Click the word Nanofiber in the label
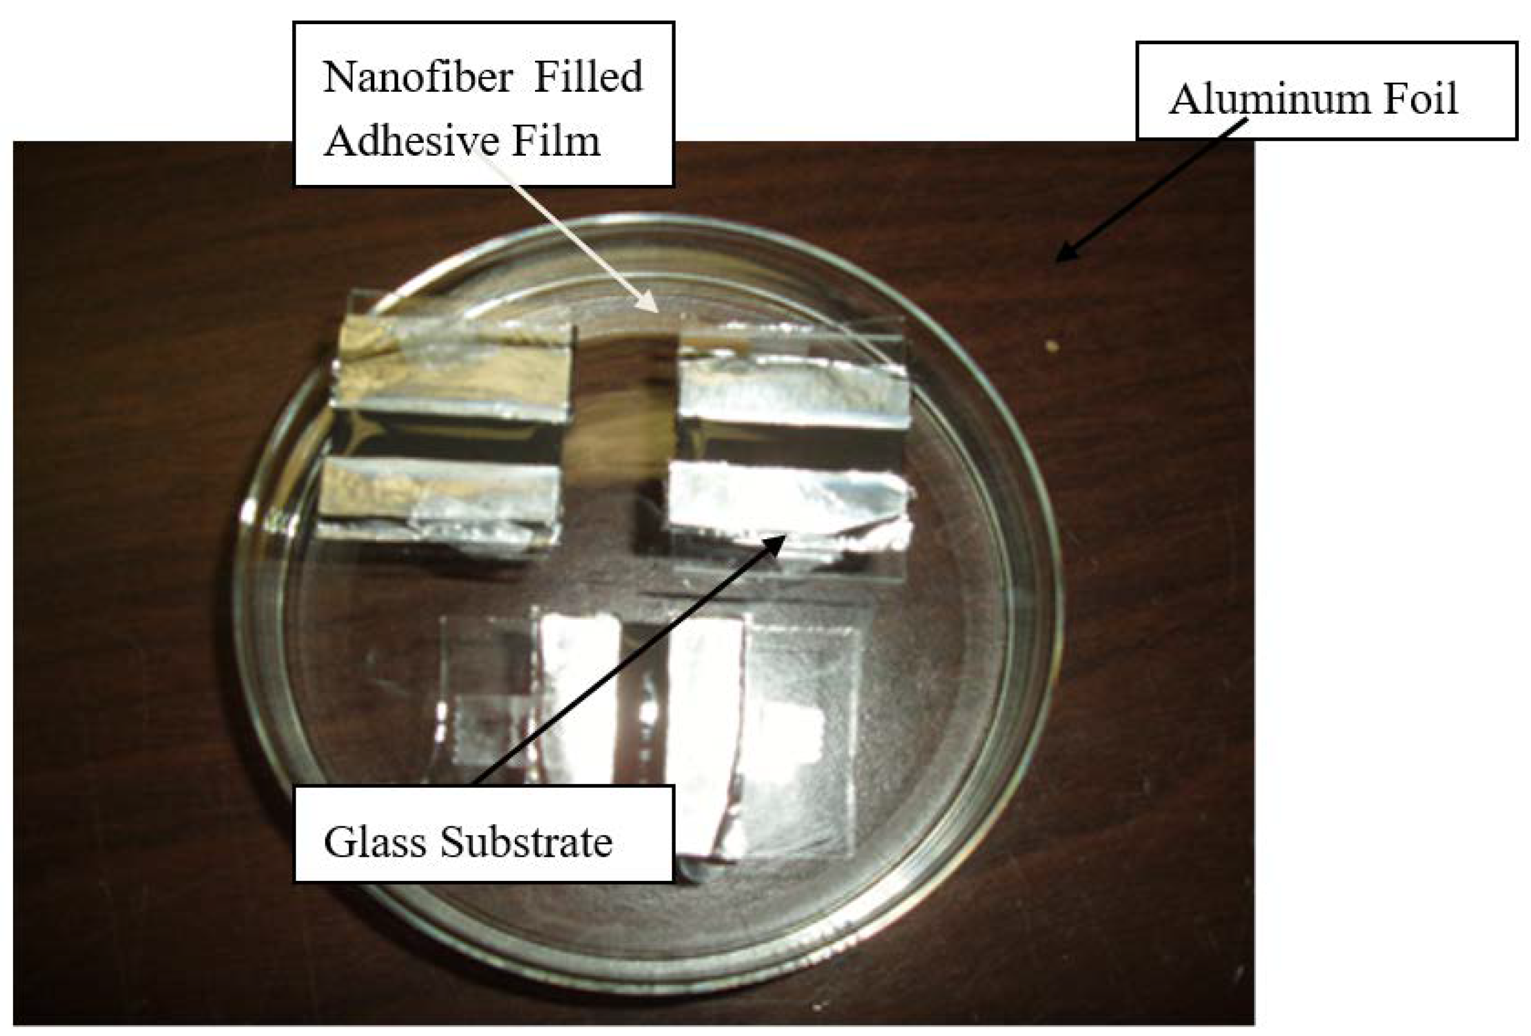coord(418,78)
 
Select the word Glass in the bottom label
coord(374,842)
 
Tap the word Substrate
coord(526,842)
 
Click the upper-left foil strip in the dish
coord(451,369)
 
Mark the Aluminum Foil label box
coord(1327,90)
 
